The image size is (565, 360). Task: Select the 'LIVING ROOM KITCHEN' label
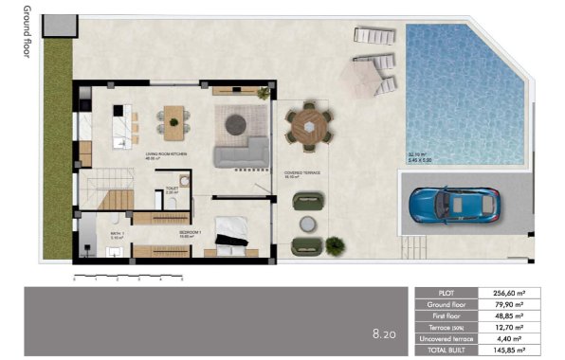point(165,153)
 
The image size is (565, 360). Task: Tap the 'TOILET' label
point(172,189)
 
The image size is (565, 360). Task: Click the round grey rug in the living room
point(235,121)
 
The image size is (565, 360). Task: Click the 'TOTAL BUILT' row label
point(450,350)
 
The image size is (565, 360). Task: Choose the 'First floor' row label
point(450,315)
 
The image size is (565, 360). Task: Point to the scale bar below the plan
point(128,277)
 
